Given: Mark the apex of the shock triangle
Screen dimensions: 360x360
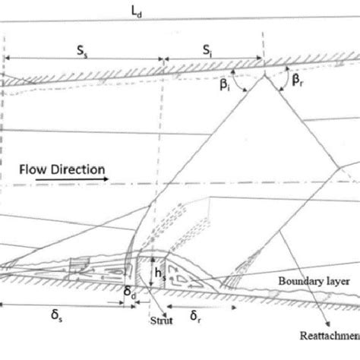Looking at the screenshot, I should pos(264,77).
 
